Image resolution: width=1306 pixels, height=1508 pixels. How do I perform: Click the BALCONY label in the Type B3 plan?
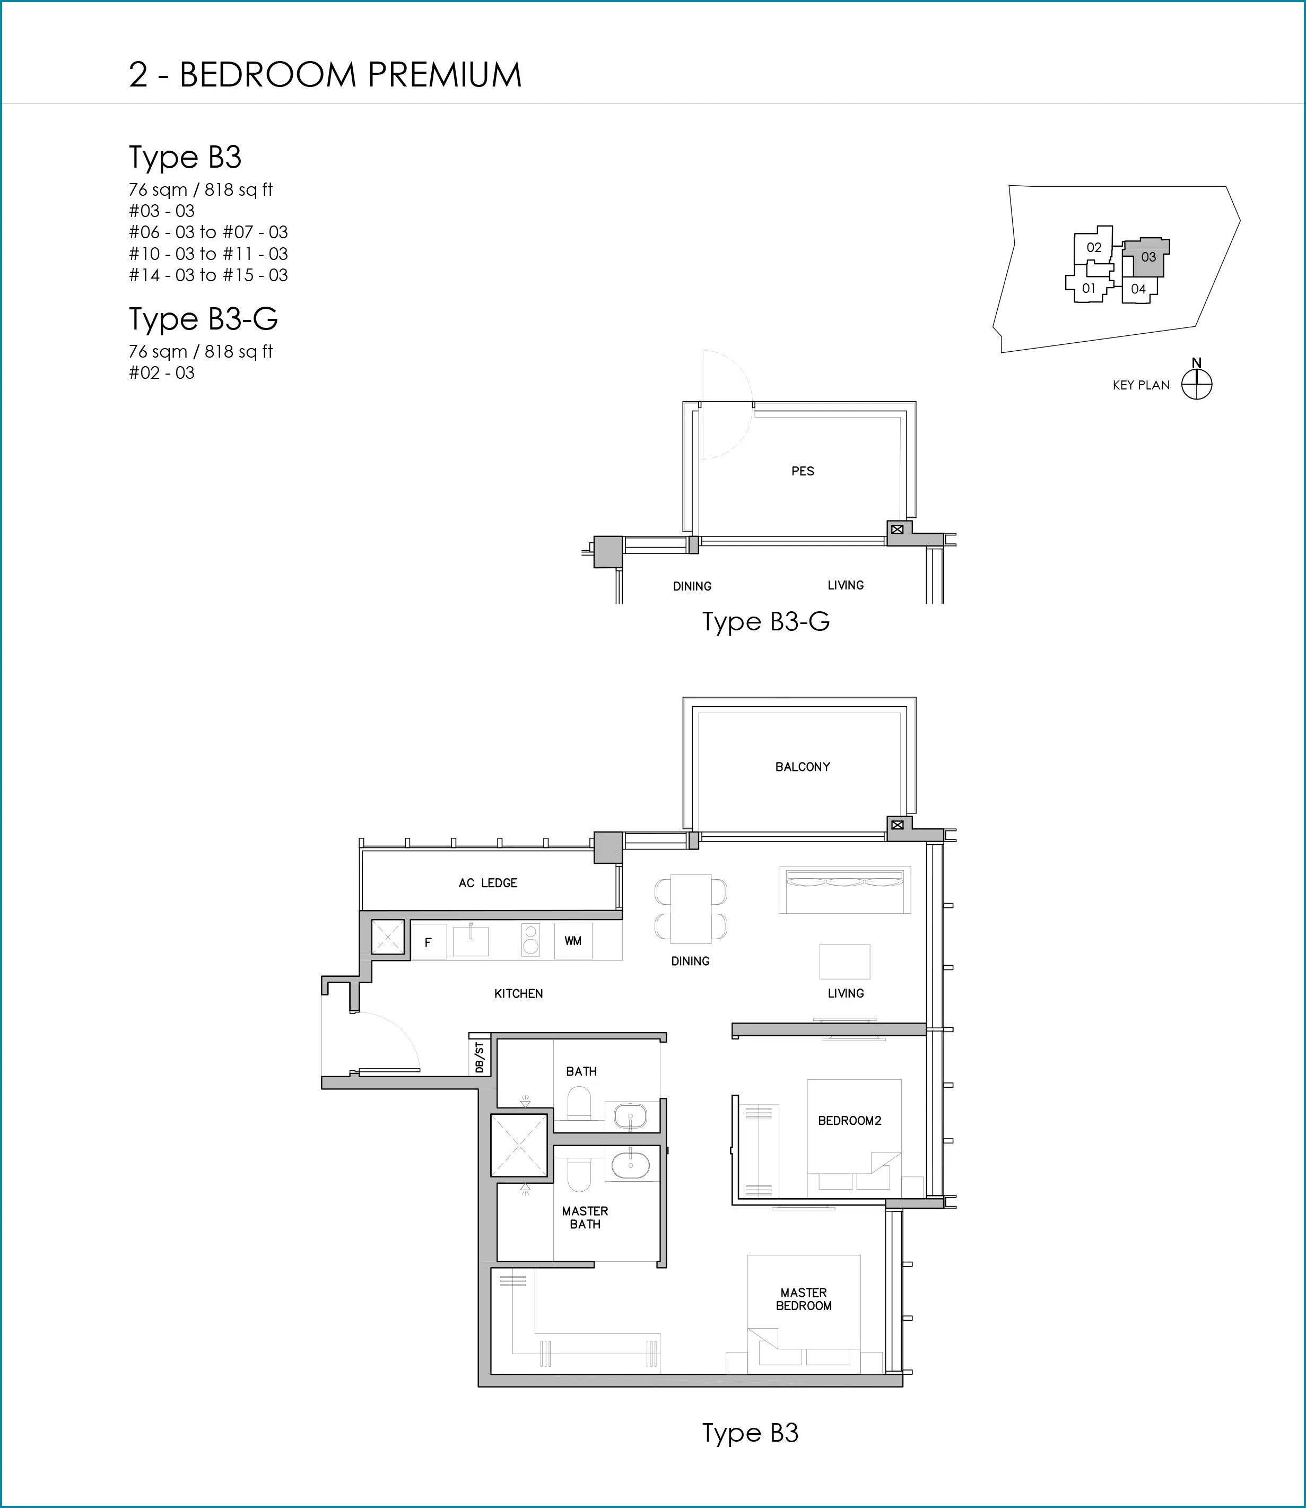[803, 767]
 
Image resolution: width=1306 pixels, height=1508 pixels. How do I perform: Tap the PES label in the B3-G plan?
[803, 471]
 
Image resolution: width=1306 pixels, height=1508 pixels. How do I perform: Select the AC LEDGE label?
[487, 882]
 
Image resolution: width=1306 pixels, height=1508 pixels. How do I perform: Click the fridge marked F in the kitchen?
[429, 942]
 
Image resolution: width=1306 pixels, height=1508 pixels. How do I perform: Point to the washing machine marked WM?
[573, 941]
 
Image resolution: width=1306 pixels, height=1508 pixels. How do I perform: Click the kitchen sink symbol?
[471, 940]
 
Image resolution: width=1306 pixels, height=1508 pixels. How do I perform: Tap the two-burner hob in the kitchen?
[530, 940]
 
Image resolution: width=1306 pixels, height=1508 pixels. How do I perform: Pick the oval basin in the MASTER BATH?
[630, 1165]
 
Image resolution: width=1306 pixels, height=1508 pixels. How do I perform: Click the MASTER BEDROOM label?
[803, 1299]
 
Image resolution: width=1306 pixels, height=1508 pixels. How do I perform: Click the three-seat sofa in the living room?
[844, 890]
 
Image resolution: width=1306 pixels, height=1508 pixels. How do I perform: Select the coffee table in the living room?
[844, 961]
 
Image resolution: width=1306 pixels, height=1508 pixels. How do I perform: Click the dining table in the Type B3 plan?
[691, 909]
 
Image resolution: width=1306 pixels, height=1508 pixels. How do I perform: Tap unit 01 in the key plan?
[1088, 288]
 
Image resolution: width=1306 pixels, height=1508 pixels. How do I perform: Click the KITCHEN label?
[518, 993]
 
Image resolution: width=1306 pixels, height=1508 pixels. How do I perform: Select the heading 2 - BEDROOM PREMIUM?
[325, 75]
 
